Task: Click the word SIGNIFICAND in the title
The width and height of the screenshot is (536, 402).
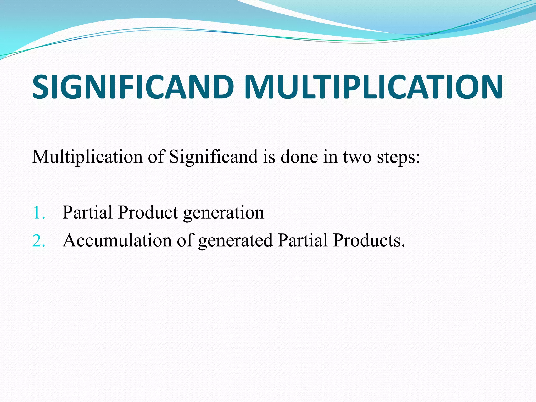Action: coord(133,87)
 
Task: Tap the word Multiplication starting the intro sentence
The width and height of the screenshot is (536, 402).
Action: coord(87,157)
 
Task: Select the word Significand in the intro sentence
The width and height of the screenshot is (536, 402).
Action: coord(213,157)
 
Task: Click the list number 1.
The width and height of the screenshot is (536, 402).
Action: coord(39,213)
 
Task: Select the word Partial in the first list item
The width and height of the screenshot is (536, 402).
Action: coord(87,212)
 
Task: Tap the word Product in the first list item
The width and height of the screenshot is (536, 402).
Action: coord(148,212)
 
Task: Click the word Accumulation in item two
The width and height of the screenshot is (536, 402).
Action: coord(117,240)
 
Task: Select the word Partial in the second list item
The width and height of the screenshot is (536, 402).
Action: coord(303,240)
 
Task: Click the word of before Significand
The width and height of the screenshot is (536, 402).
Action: coord(156,157)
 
